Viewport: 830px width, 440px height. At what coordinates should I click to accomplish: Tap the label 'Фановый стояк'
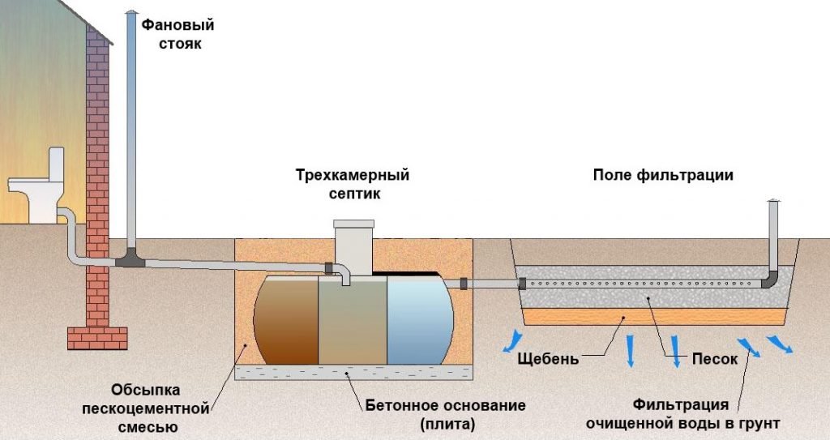click(172, 34)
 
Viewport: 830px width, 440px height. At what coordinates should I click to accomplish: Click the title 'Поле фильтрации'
click(663, 176)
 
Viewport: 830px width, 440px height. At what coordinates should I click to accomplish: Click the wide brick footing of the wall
click(97, 336)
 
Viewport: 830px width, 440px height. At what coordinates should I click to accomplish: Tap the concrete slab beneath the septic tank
click(353, 373)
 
